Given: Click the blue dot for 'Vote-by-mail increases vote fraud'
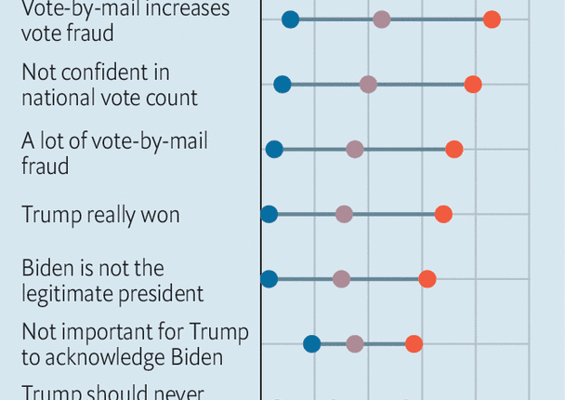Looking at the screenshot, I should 290,20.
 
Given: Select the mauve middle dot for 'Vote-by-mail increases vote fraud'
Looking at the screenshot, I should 381,20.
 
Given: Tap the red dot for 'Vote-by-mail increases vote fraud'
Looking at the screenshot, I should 492,20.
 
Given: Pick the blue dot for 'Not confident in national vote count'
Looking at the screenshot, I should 282,85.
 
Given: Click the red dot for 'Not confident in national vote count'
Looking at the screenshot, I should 473,85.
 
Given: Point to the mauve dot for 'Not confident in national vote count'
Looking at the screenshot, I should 368,85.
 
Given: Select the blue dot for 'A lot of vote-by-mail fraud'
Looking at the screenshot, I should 274,150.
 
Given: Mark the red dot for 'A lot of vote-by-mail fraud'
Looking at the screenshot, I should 453,150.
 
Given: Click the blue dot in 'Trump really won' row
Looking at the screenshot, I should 269,215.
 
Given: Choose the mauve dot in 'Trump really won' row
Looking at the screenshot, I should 344,215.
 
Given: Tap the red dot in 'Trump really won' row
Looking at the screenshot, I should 443,215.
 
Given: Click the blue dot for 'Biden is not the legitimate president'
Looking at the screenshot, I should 269,279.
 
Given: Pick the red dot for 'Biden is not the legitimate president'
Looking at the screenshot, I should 427,279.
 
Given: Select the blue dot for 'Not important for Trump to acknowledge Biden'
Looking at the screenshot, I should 312,344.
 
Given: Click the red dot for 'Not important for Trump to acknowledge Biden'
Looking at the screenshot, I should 414,344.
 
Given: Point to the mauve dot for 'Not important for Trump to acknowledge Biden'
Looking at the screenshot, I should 354,344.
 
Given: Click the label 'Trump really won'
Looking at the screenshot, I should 100,215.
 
